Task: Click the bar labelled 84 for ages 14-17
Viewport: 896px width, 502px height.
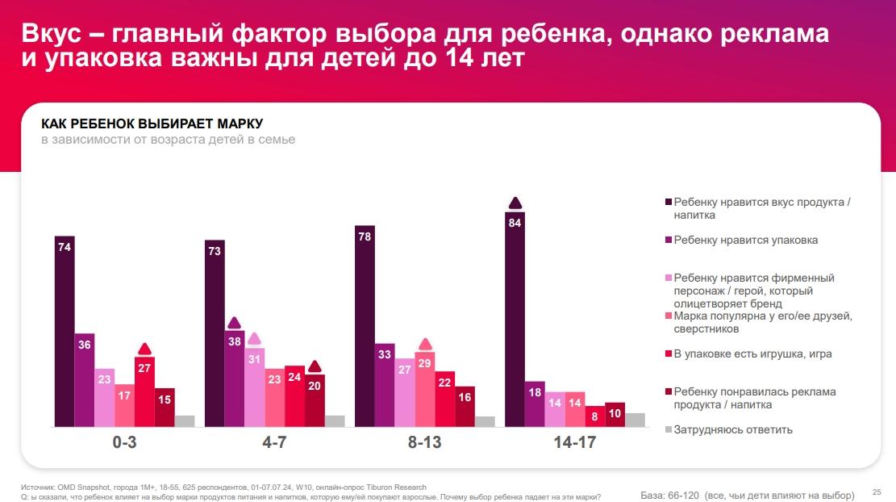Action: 515,319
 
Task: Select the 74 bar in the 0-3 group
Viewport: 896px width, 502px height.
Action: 65,331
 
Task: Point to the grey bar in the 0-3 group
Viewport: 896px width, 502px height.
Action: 185,420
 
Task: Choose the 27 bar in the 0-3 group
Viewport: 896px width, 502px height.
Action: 144,391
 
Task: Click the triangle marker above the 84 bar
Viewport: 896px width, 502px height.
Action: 515,203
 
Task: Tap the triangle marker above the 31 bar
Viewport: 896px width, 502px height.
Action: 254,339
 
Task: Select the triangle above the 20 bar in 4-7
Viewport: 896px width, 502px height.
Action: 315,366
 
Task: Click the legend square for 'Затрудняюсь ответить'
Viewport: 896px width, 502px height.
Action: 667,429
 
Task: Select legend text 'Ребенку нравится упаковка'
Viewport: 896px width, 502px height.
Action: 746,240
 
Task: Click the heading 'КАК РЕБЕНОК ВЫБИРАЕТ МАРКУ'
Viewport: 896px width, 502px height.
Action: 152,123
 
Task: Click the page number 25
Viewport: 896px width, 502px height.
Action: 877,491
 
